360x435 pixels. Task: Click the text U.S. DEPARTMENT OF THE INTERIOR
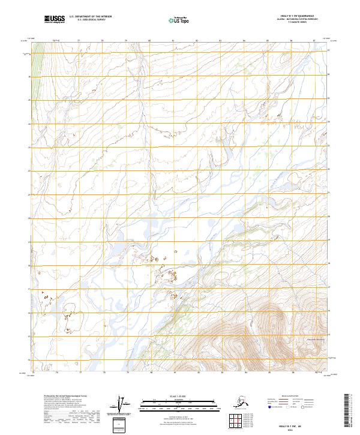tap(91, 17)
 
